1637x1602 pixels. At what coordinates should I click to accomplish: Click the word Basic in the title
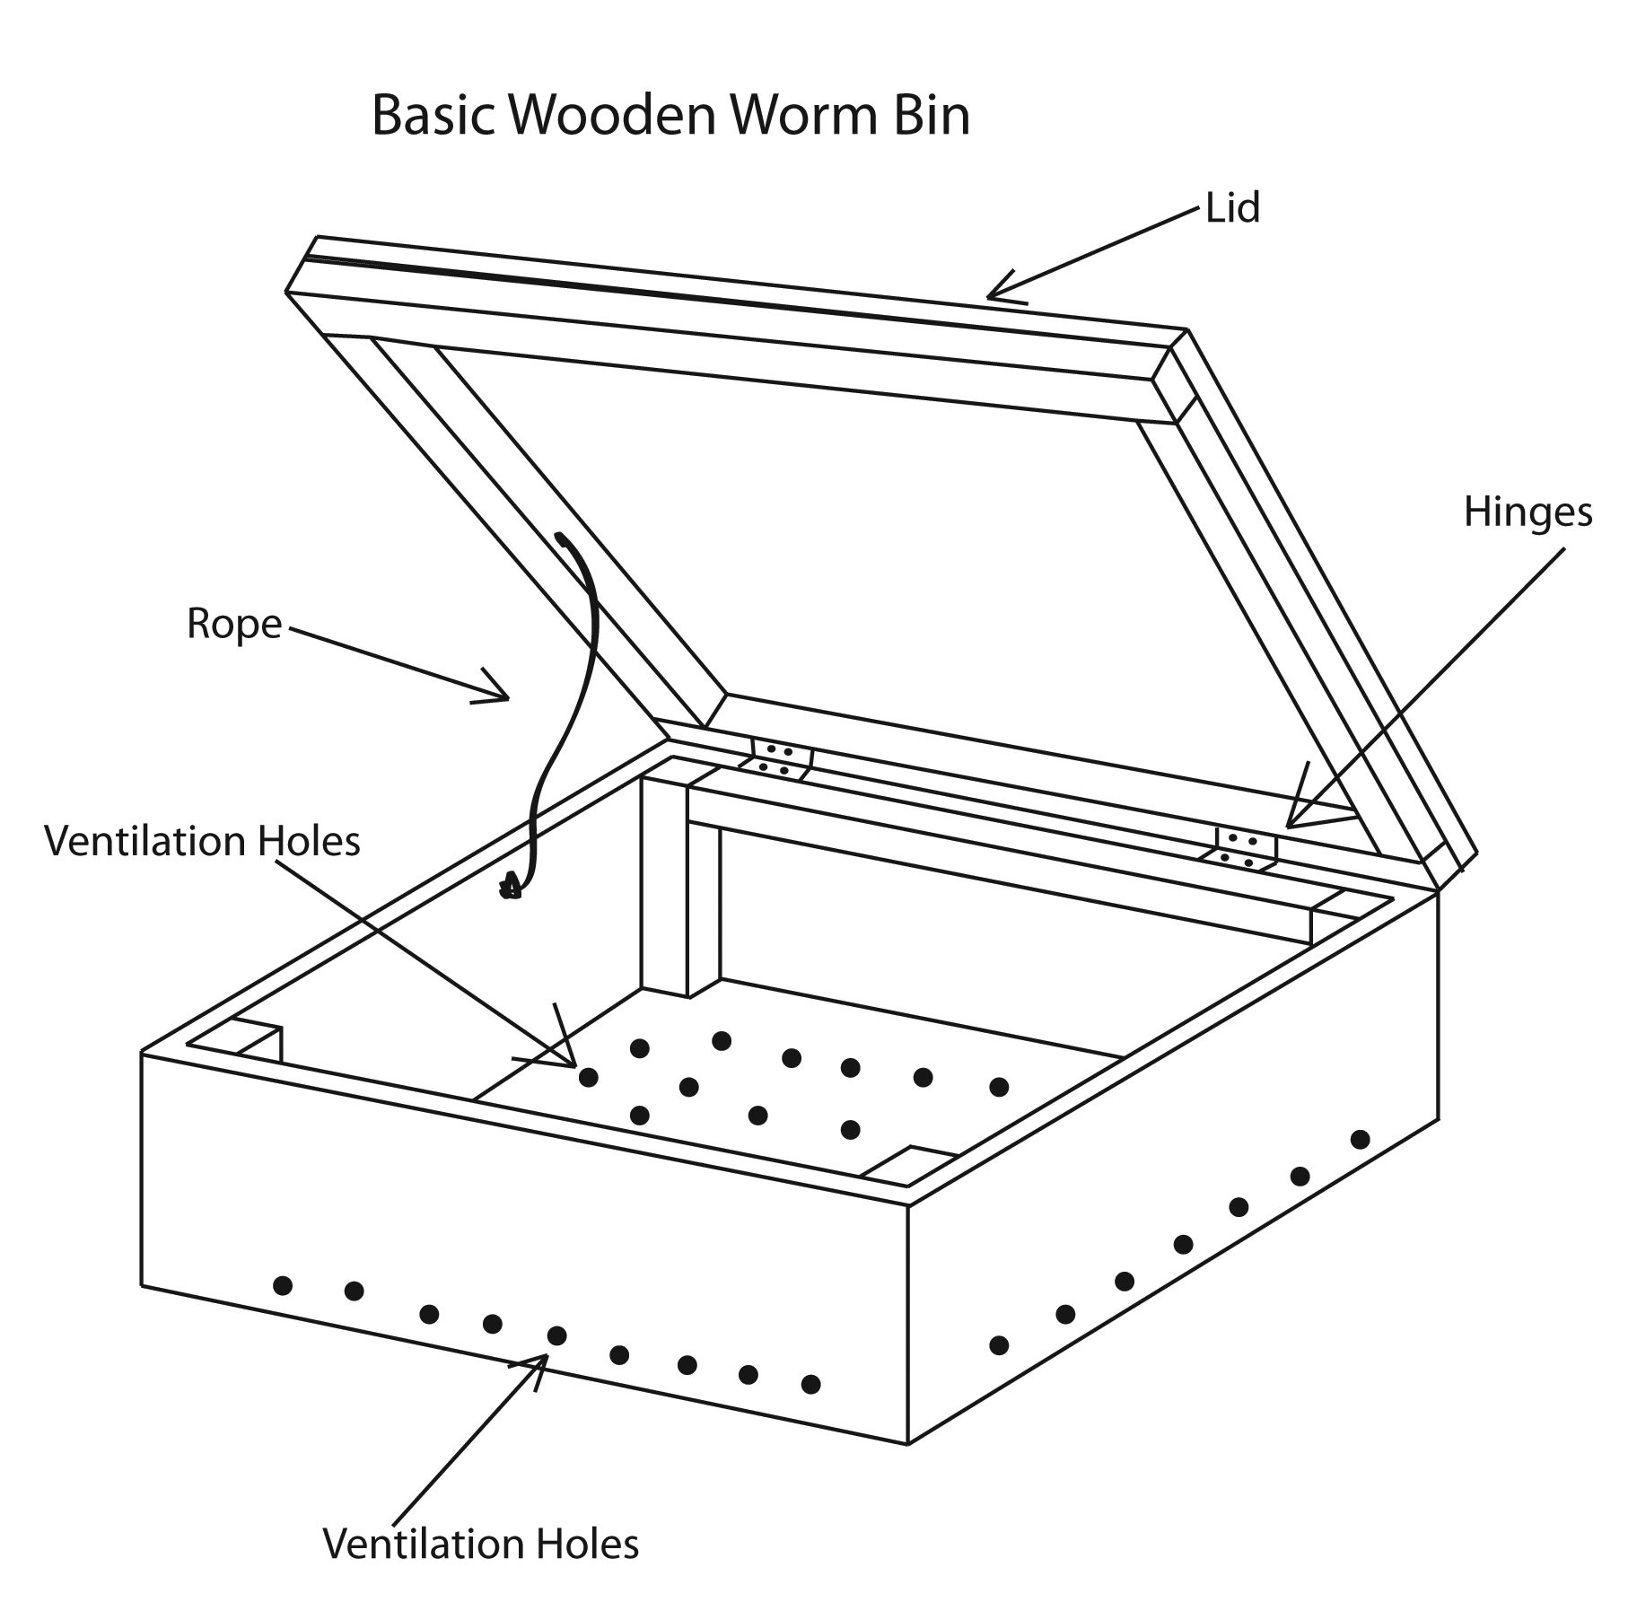pos(433,116)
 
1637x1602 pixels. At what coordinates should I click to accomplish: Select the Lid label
pos(1232,208)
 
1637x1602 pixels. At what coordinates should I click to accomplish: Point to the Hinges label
pos(1528,512)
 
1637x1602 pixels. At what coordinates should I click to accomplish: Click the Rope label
pos(234,624)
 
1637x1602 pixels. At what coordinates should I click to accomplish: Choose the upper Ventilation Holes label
pos(202,842)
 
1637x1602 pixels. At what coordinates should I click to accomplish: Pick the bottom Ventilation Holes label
pos(481,1544)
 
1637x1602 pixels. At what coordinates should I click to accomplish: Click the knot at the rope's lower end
pos(511,889)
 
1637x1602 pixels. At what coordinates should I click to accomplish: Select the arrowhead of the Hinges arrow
pos(1291,822)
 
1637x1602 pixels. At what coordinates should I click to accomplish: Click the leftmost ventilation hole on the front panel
pos(283,1285)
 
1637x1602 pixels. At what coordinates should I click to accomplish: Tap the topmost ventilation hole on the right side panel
pos(1360,1139)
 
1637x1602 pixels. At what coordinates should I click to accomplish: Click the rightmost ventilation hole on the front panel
pos(810,1384)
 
